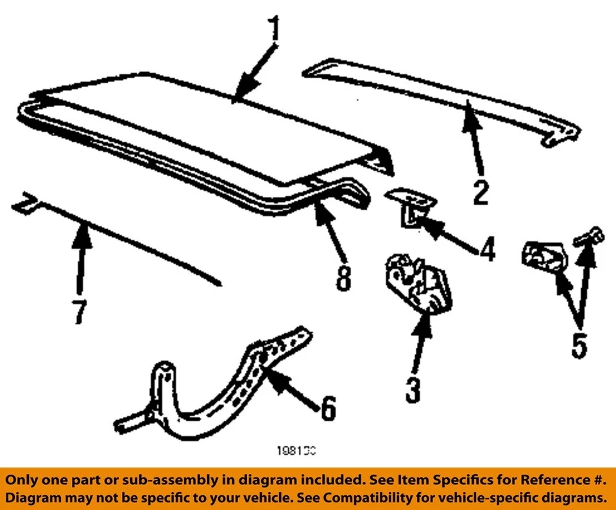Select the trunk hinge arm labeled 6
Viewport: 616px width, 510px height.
(x=212, y=391)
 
